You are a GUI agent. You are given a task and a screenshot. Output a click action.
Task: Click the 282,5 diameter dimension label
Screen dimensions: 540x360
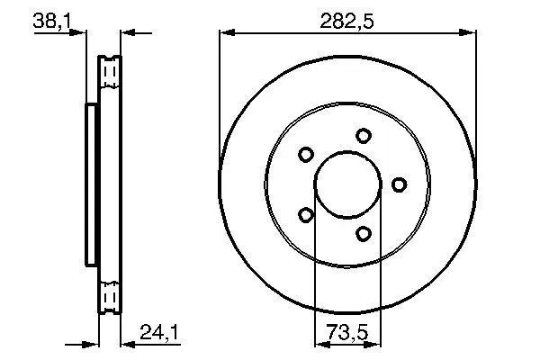click(346, 21)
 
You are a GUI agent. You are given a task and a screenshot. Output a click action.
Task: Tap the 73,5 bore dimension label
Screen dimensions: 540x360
click(347, 332)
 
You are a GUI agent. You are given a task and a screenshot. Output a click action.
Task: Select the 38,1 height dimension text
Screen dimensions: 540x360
click(52, 22)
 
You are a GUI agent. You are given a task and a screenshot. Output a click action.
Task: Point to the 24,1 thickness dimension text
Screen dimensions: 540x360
click(159, 333)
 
